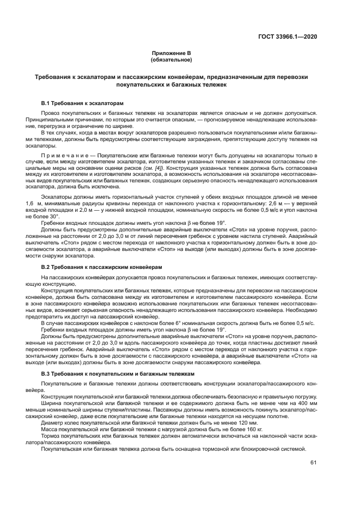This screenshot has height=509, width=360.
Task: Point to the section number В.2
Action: click(x=47, y=267)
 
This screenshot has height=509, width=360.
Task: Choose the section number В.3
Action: click(x=47, y=375)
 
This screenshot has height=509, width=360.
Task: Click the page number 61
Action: click(x=314, y=463)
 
